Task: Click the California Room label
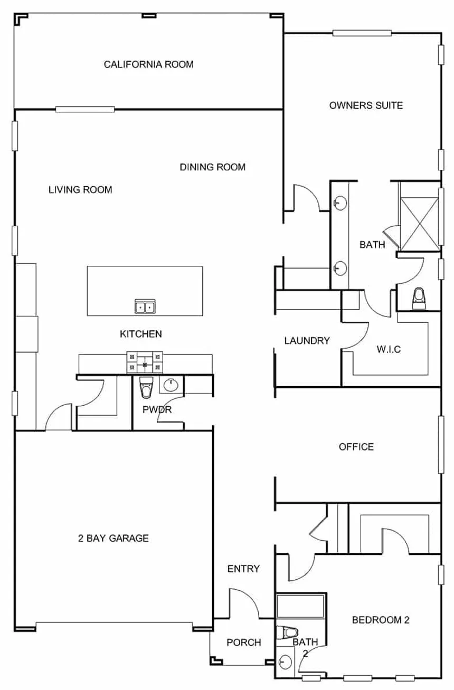tap(148, 64)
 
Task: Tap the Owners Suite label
tap(366, 106)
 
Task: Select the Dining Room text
tap(213, 167)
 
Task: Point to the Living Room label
tap(80, 189)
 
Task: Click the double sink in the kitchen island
tap(145, 306)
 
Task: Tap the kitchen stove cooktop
tap(145, 362)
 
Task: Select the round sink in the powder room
tap(171, 385)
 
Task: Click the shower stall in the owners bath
tap(419, 224)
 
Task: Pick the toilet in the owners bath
tap(419, 298)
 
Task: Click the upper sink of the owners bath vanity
tap(340, 203)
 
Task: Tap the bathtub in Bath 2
tap(300, 606)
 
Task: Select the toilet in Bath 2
tap(287, 633)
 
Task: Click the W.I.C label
tap(389, 349)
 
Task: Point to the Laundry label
tap(307, 341)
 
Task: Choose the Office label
tap(356, 447)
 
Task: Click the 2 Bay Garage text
tap(113, 538)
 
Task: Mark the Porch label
tap(244, 643)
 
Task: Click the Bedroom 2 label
tap(381, 620)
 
